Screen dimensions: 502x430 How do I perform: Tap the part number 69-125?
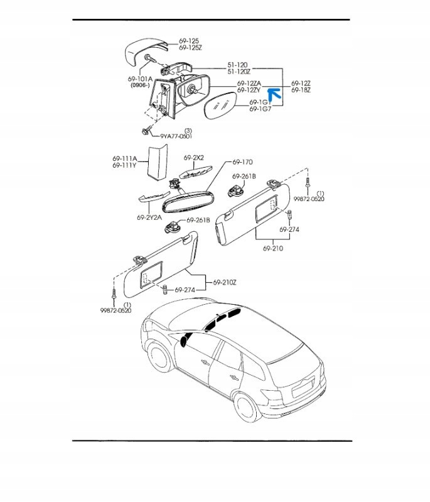(x=189, y=41)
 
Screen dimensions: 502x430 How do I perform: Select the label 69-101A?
(x=140, y=79)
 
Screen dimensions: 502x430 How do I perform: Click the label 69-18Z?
(x=301, y=90)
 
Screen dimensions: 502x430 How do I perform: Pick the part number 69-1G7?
(x=260, y=109)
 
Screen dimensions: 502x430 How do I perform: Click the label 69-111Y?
(x=125, y=165)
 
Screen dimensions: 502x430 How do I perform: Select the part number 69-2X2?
(x=194, y=158)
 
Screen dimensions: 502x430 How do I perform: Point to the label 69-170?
(x=242, y=162)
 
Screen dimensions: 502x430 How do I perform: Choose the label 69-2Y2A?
(x=149, y=218)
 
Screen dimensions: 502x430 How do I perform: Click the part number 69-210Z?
(x=225, y=282)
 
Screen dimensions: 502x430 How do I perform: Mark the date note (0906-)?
(x=140, y=85)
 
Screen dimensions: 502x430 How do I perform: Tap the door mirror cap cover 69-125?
(x=146, y=52)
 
